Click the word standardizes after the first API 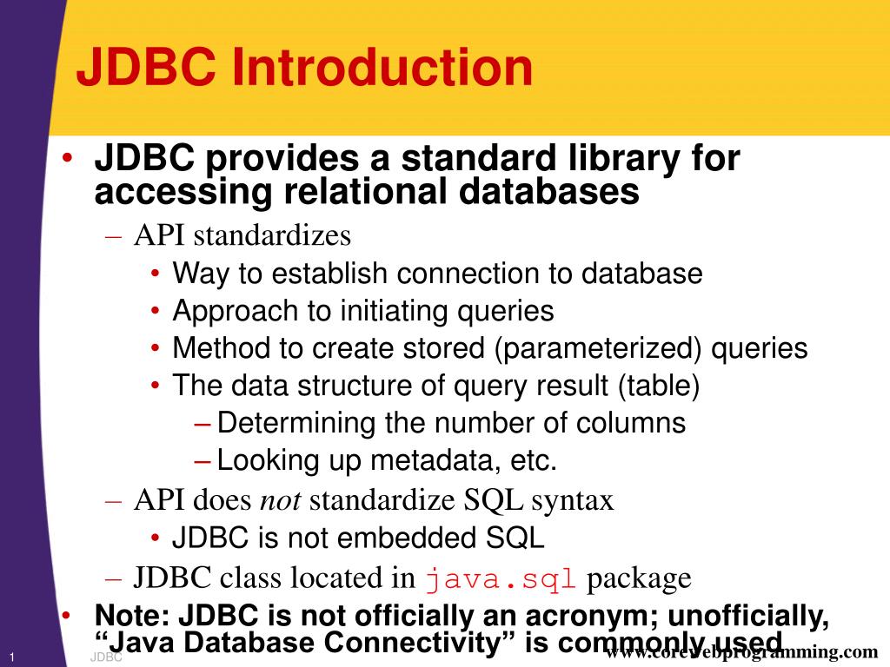tap(272, 235)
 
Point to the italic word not tap(282, 500)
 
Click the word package tap(639, 578)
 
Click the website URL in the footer tap(741, 652)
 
